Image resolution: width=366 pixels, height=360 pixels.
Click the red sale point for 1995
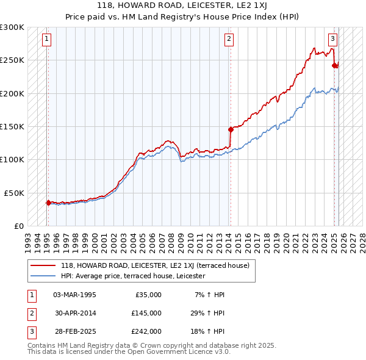48,203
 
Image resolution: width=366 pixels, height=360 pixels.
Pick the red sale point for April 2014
231,129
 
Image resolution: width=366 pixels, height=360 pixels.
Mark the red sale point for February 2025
334,65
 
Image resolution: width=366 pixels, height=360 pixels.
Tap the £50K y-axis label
14,193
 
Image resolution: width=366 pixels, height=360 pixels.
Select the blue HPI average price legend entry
132,276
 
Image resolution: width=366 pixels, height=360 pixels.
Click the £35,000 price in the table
148,295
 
